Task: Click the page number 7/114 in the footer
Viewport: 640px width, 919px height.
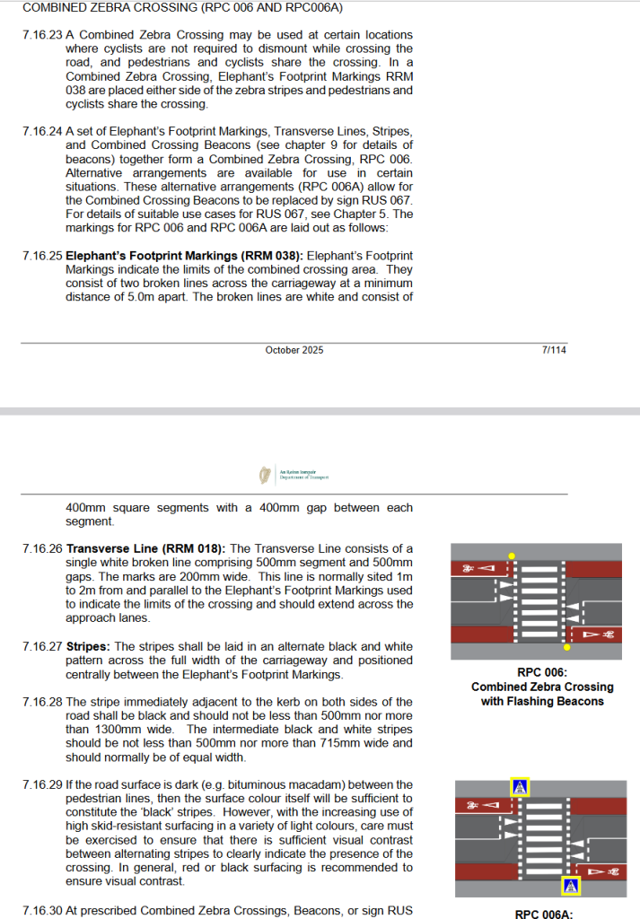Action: click(554, 350)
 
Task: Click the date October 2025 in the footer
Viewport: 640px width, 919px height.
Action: click(294, 350)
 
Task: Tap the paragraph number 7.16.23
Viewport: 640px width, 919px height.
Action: click(42, 35)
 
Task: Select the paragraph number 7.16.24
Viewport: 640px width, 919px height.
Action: click(42, 132)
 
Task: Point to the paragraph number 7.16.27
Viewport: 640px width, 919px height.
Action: click(42, 646)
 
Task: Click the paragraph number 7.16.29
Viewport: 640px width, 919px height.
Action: click(42, 784)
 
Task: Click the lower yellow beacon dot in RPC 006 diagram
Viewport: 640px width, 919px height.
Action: click(566, 646)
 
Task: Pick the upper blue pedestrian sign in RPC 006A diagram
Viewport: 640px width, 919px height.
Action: click(520, 787)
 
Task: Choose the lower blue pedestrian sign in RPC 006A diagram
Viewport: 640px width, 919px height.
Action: click(571, 886)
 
